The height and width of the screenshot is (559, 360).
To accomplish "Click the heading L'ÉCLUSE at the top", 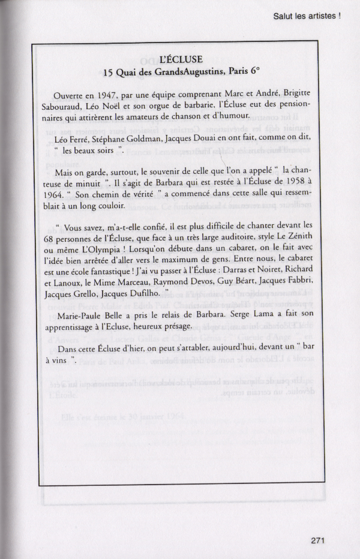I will (x=181, y=59).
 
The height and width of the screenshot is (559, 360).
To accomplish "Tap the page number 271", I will (x=318, y=540).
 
